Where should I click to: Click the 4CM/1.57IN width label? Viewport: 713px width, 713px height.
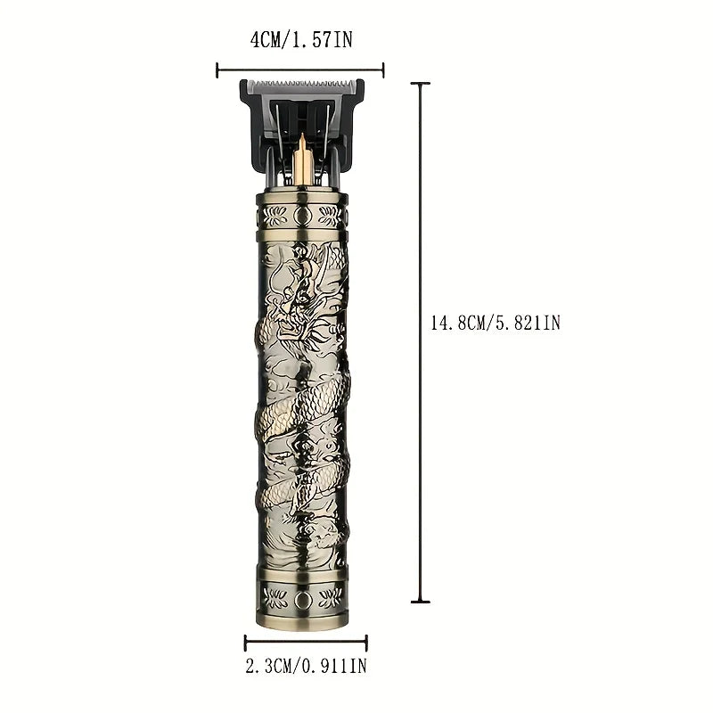[x=301, y=40]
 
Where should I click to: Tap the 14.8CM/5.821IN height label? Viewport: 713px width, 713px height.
[x=496, y=324]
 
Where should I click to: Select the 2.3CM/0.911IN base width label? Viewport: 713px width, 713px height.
[x=306, y=666]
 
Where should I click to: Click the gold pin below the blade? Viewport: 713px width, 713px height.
[x=301, y=160]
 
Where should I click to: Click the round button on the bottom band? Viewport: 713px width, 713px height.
[x=301, y=601]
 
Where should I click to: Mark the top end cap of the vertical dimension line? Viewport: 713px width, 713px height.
[x=420, y=84]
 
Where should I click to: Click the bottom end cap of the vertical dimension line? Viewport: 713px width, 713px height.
[x=420, y=602]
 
